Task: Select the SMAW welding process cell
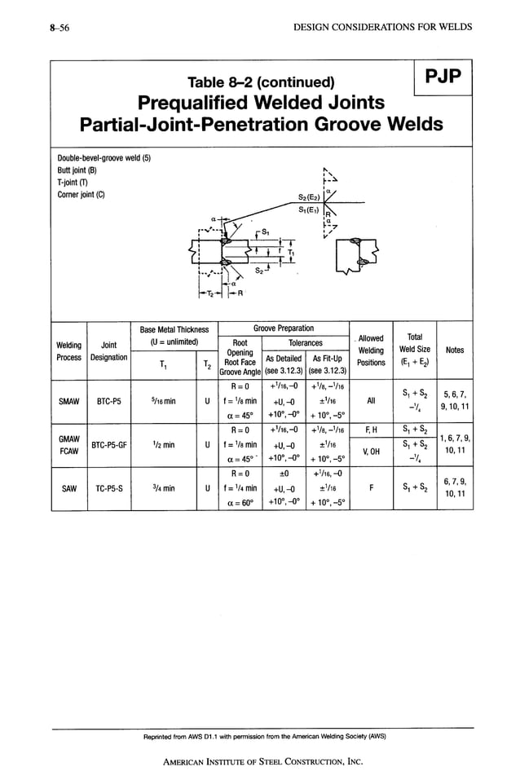click(x=68, y=401)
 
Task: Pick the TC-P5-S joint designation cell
click(x=109, y=489)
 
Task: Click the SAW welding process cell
click(x=68, y=489)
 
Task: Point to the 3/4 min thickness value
click(x=163, y=489)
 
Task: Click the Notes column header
click(x=454, y=350)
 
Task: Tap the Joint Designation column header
click(x=109, y=350)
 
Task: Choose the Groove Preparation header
click(x=283, y=328)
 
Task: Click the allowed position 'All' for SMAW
click(x=371, y=401)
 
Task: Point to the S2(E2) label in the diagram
click(x=307, y=196)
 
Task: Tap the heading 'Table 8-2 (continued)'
click(x=261, y=82)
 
